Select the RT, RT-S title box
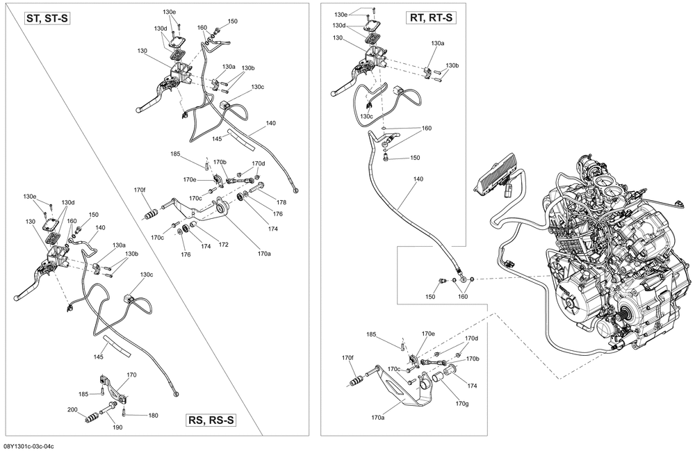pyautogui.click(x=431, y=18)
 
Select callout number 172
pyautogui.click(x=223, y=244)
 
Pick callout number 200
pyautogui.click(x=72, y=409)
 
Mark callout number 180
pyautogui.click(x=153, y=416)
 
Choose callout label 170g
pyautogui.click(x=461, y=403)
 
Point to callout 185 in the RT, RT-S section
pyautogui.click(x=371, y=335)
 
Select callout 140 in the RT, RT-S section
pyautogui.click(x=418, y=179)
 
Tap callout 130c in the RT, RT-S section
pyautogui.click(x=366, y=116)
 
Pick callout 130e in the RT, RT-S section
pyautogui.click(x=341, y=15)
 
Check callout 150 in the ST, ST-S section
pyautogui.click(x=232, y=22)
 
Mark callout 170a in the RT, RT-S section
pyautogui.click(x=377, y=418)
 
